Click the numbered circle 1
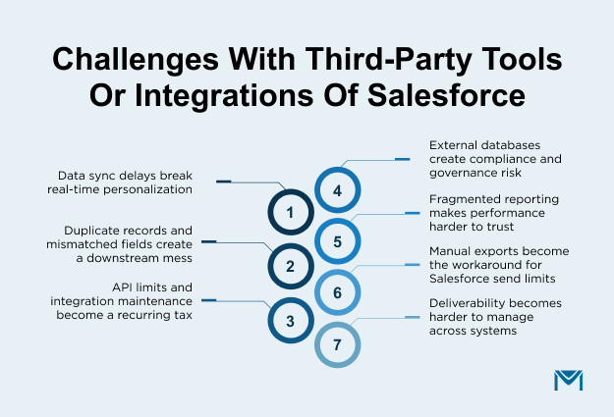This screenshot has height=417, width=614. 290,212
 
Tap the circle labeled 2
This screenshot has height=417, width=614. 290,266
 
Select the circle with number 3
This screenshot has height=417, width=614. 290,319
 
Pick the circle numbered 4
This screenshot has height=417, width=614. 337,190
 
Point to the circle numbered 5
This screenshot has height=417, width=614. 337,241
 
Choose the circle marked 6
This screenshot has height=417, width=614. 337,293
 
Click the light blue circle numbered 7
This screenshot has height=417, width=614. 337,345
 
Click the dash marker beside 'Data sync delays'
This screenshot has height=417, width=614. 223,182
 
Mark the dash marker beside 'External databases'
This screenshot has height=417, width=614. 402,157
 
